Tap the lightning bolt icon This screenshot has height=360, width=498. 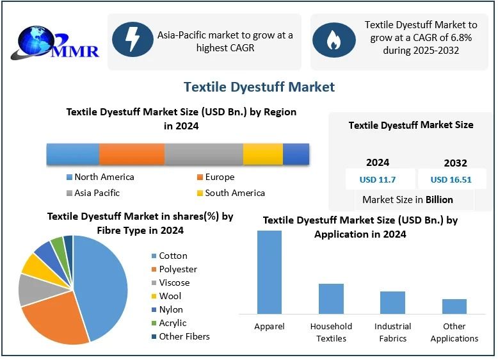(133, 40)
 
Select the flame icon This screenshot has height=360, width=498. (333, 40)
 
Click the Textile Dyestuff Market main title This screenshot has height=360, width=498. (259, 86)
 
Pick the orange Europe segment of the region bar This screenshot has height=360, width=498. (132, 154)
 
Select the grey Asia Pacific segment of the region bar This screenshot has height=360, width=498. (204, 154)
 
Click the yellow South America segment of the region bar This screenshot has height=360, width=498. (262, 154)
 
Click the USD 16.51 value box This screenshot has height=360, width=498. (451, 179)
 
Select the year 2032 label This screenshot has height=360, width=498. (455, 163)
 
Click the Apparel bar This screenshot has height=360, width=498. (269, 272)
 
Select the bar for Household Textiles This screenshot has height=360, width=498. (331, 299)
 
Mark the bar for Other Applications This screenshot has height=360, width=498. (454, 306)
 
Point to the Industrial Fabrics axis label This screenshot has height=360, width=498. (392, 332)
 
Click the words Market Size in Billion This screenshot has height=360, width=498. (408, 199)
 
